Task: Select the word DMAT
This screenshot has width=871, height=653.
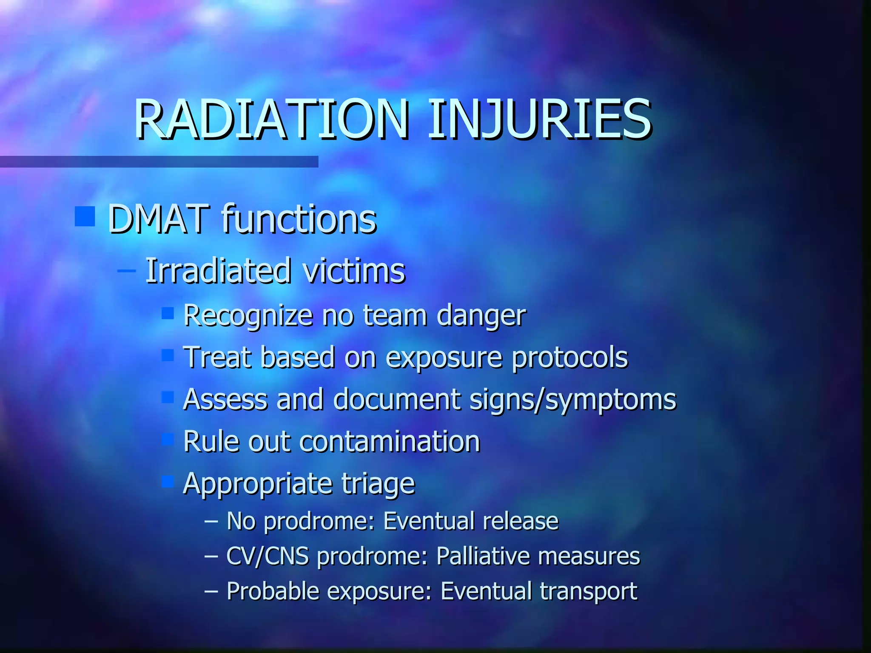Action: (159, 219)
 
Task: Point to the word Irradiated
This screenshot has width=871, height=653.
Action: (218, 271)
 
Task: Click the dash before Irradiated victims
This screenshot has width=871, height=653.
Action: (126, 270)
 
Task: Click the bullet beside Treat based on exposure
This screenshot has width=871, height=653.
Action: (168, 355)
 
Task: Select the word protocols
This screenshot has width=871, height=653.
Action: (569, 358)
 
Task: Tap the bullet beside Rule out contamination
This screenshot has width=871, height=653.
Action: (168, 439)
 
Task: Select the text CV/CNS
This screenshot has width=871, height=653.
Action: (267, 556)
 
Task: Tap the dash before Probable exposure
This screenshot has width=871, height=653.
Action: (211, 591)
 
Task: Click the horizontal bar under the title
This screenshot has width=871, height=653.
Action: (159, 162)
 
